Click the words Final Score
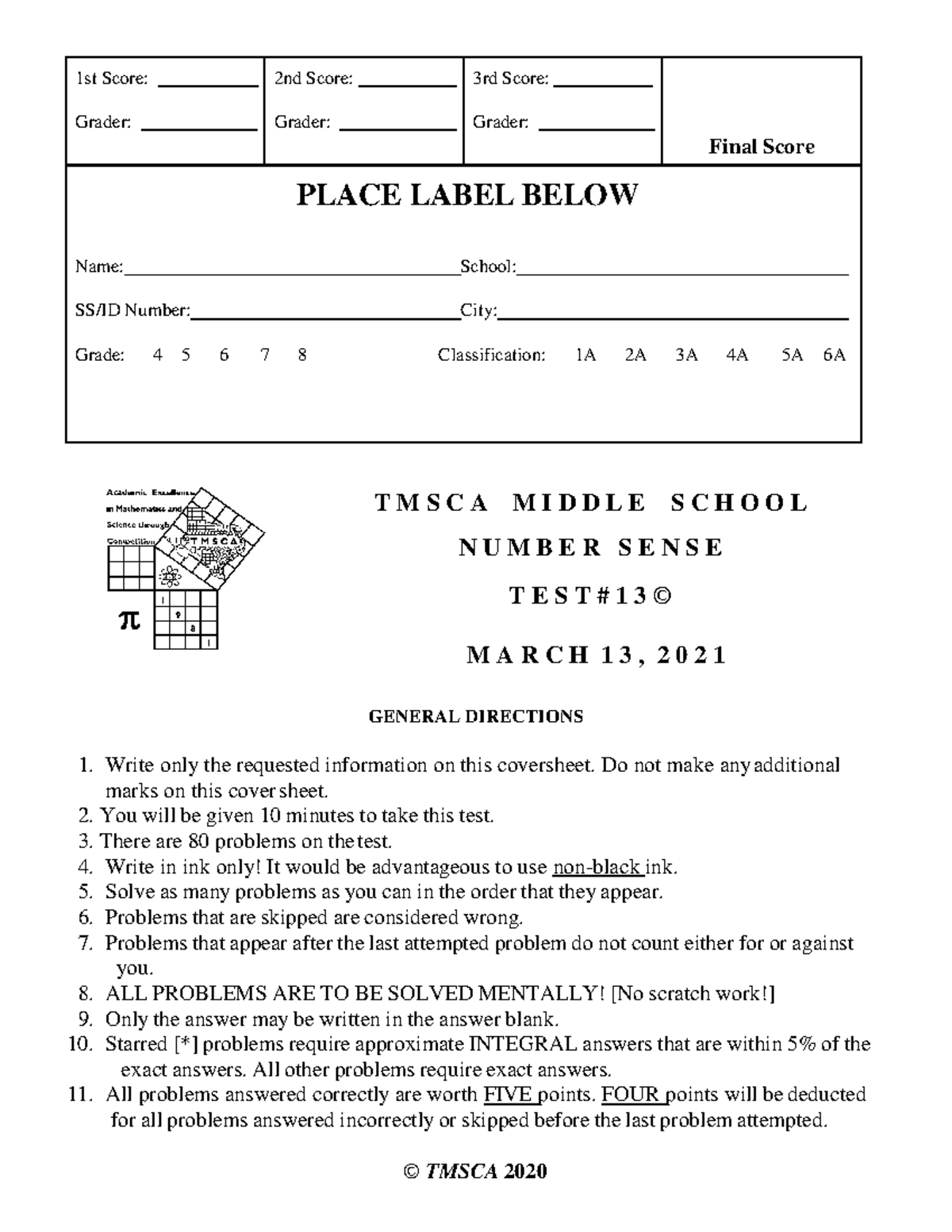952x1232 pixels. point(761,147)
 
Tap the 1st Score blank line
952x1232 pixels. point(208,84)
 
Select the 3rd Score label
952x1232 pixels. point(510,79)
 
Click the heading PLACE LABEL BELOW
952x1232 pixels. point(466,194)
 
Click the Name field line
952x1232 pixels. point(290,274)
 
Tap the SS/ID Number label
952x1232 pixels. point(132,310)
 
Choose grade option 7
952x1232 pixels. point(264,355)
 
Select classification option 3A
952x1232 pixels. point(686,355)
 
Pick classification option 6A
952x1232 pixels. point(834,355)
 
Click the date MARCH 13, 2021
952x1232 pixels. point(596,655)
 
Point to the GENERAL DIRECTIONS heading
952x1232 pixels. point(475,716)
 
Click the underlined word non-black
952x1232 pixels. point(597,866)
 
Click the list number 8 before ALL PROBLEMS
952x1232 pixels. point(86,993)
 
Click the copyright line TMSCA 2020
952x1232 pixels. point(475,1172)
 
